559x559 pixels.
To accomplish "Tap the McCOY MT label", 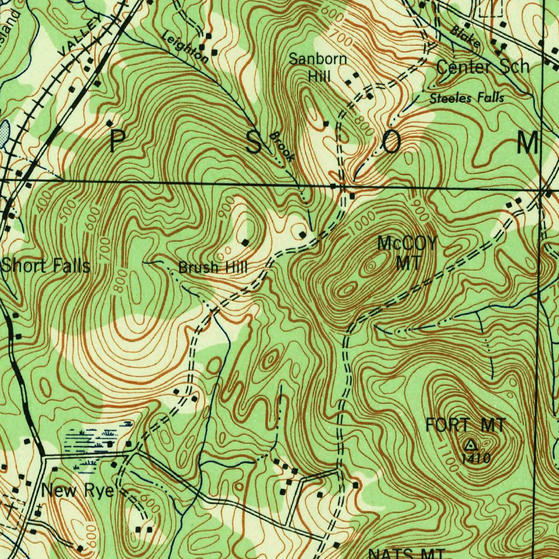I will [x=407, y=253].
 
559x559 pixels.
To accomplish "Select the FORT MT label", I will [x=466, y=424].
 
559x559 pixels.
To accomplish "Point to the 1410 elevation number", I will [x=476, y=458].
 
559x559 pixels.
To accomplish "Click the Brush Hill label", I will [x=213, y=267].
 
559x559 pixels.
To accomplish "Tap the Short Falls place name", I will [x=45, y=266].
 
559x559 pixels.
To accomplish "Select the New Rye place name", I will [x=78, y=491].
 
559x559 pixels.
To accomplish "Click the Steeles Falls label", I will [x=466, y=98].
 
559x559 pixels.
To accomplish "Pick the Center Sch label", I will [x=483, y=67].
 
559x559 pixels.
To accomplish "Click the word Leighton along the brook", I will [x=185, y=46].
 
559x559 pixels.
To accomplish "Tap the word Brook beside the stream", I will [x=282, y=146].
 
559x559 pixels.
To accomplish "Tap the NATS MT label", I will [x=407, y=553].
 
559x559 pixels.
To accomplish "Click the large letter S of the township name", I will [x=254, y=143].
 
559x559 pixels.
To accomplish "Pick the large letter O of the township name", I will [x=391, y=143].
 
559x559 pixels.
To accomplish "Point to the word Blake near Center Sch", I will [x=465, y=36].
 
